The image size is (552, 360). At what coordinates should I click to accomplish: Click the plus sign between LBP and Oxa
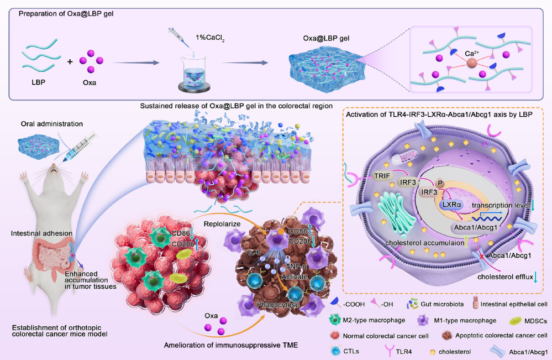70,62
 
